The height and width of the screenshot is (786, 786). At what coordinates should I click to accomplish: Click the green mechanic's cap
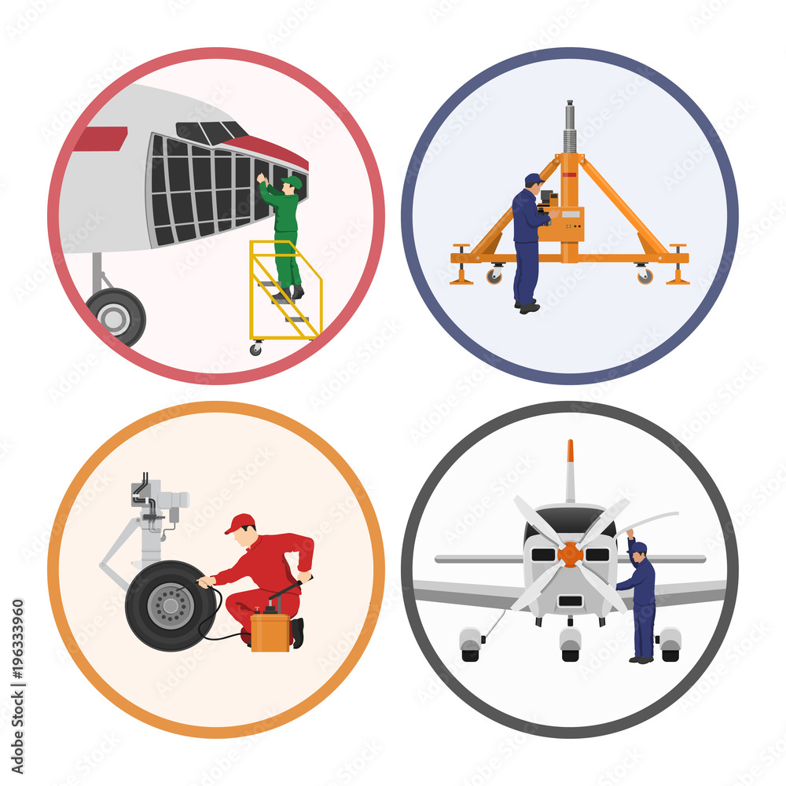pyautogui.click(x=293, y=182)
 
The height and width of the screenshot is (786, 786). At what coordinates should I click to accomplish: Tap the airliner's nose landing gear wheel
pyautogui.click(x=117, y=316)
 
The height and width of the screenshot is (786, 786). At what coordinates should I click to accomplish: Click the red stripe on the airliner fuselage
pyautogui.click(x=101, y=138)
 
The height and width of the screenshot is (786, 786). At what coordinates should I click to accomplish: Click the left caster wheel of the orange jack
pyautogui.click(x=493, y=275)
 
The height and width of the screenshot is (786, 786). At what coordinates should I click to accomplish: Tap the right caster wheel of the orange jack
pyautogui.click(x=645, y=275)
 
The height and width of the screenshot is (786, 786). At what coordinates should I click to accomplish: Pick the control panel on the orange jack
pyautogui.click(x=571, y=225)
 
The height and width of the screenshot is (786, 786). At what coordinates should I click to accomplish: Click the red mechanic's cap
pyautogui.click(x=241, y=523)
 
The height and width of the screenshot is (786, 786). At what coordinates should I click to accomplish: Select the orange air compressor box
pyautogui.click(x=270, y=631)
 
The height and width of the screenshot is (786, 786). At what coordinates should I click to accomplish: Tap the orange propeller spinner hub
pyautogui.click(x=570, y=554)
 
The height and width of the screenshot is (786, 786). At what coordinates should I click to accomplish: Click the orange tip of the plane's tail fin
pyautogui.click(x=570, y=451)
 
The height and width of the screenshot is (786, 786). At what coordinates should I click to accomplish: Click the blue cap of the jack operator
pyautogui.click(x=534, y=178)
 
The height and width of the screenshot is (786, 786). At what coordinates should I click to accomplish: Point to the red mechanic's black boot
pyautogui.click(x=297, y=634)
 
